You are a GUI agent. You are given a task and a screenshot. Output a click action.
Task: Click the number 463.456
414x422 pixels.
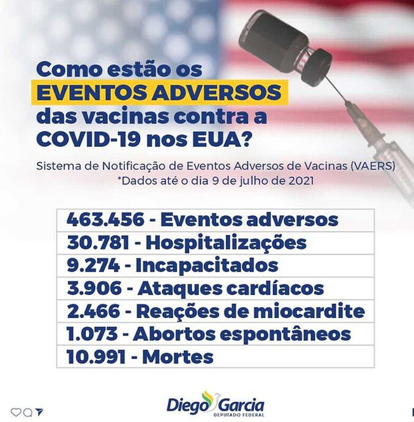[x=105, y=220]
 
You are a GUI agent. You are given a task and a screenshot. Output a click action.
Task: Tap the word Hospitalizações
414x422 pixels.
[x=226, y=243]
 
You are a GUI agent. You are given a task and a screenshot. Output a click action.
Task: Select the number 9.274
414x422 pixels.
[x=93, y=265]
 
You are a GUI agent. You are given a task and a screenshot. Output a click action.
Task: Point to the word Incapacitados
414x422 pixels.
[x=207, y=265]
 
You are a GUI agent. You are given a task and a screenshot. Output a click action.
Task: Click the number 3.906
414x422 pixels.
[x=94, y=288]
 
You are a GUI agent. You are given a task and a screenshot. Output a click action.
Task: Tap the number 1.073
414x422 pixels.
[x=92, y=334]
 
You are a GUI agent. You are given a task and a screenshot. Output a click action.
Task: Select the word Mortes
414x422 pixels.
[x=178, y=357]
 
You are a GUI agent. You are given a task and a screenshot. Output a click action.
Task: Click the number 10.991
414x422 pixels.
[x=96, y=357]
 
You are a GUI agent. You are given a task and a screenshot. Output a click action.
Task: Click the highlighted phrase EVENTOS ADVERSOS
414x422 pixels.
[x=160, y=92]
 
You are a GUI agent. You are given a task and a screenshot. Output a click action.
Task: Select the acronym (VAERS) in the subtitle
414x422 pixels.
[x=374, y=166]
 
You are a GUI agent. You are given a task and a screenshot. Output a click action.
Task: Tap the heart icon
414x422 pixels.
[x=16, y=412]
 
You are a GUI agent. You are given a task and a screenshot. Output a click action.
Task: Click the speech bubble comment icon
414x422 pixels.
[x=28, y=412]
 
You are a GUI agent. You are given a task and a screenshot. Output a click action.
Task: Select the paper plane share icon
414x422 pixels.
[x=39, y=412]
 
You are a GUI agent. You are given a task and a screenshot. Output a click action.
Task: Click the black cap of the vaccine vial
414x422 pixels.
[x=316, y=67]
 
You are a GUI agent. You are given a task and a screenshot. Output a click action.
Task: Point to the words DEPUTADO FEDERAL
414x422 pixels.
[x=238, y=415]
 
